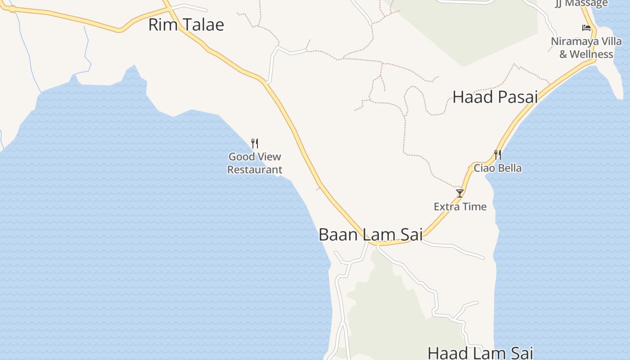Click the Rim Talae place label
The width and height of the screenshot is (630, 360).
[x=186, y=25]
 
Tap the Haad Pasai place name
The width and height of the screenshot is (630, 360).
[x=495, y=97]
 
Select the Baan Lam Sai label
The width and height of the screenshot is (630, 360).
[x=370, y=234]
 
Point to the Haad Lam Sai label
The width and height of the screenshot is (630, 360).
[x=480, y=353]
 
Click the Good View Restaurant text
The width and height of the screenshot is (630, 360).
[x=255, y=163]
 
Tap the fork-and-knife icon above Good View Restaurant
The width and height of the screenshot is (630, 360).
[x=255, y=144]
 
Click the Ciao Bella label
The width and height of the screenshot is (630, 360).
[x=498, y=168]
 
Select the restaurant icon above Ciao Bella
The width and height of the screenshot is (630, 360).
[x=498, y=155]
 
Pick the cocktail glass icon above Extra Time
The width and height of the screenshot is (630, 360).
[x=460, y=193]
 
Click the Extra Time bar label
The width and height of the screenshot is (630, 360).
[x=460, y=207]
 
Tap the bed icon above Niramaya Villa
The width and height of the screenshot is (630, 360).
[x=586, y=28]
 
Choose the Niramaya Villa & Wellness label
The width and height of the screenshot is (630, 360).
[x=586, y=48]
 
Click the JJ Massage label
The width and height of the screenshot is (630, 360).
[x=581, y=4]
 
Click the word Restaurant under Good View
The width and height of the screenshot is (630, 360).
[x=255, y=170]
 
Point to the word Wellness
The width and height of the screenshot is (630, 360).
[x=591, y=54]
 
